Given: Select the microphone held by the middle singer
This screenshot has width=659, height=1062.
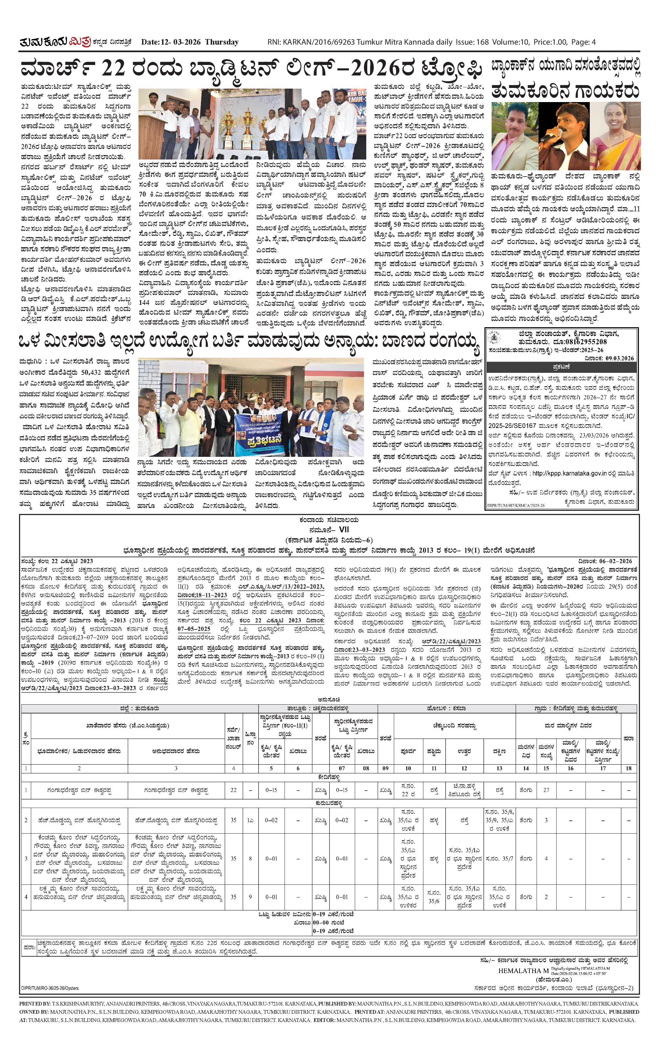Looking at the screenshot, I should pos(550,136).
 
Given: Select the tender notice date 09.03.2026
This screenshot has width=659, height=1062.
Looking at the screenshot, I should pos(620,358).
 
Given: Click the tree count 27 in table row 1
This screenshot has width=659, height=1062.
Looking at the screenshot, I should pos(546,790).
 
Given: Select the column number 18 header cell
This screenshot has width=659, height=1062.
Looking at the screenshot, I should pos(628,768).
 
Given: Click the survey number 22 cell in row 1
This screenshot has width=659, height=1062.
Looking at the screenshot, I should pos(234,790).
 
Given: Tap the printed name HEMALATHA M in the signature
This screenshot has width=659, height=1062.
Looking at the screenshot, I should pos(523,971).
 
